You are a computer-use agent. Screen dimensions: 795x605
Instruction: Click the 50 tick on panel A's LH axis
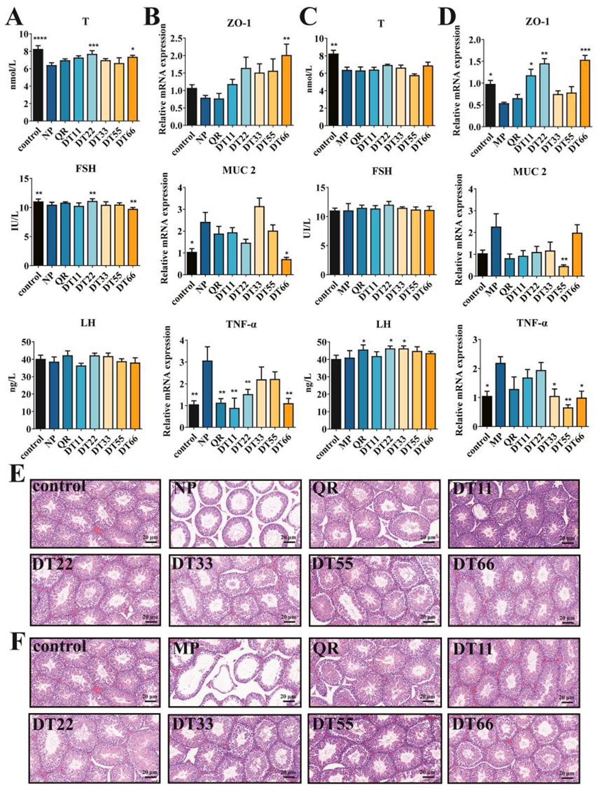24,342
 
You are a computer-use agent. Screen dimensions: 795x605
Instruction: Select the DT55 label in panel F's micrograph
333,724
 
